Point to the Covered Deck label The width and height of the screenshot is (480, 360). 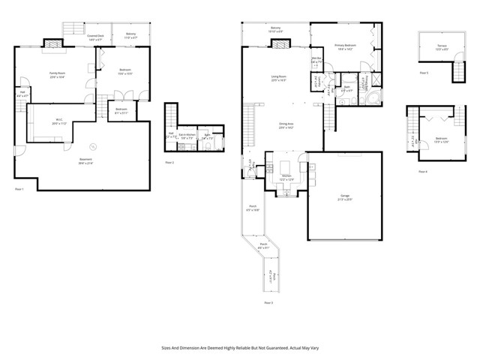pos(95,37)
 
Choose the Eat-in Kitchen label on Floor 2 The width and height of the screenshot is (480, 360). pos(187,135)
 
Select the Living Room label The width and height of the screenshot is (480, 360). pos(280,77)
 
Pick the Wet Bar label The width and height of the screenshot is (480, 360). pos(316,59)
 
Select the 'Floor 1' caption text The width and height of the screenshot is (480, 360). pos(20,189)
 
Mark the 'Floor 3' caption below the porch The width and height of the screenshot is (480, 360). pos(268,302)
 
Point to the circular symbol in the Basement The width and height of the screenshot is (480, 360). pos(94,146)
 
